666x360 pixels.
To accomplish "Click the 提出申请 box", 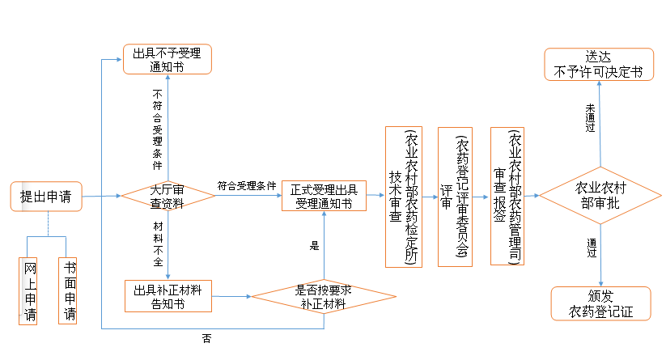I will tap(46, 197).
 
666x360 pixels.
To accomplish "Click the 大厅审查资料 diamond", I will tap(168, 197).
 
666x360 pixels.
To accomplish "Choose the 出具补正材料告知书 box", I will tap(168, 296).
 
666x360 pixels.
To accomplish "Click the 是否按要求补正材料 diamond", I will tap(324, 296).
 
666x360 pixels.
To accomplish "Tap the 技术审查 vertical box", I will tap(404, 197).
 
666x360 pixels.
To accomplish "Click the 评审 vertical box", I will tap(454, 197).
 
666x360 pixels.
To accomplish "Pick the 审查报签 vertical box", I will tap(507, 197).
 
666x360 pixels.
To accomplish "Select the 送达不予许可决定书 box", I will tap(599, 64).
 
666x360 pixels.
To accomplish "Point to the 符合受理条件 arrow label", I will tap(247, 185).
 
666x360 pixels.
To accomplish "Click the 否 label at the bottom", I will tap(206, 338).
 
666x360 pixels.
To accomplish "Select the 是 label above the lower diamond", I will tap(315, 246).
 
